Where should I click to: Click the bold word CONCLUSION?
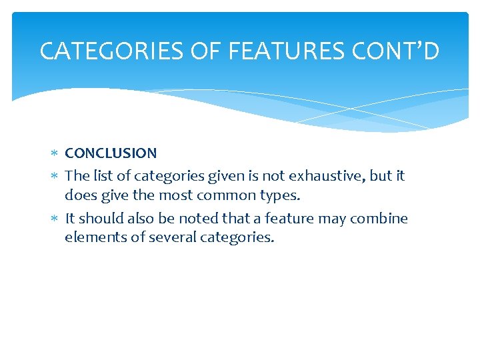(111, 153)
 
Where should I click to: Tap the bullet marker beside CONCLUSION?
(55, 154)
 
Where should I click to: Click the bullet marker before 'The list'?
(55, 177)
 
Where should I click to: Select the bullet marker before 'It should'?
(55, 219)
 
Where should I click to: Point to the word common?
(229, 195)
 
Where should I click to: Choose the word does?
(79, 195)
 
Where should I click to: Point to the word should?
(97, 219)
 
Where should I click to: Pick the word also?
(133, 219)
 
